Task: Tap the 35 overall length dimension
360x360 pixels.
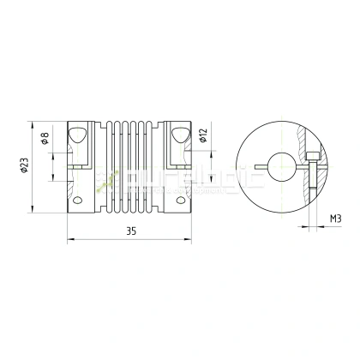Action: point(131,231)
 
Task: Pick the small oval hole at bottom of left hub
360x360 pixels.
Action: point(79,201)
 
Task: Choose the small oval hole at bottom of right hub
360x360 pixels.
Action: point(182,201)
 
